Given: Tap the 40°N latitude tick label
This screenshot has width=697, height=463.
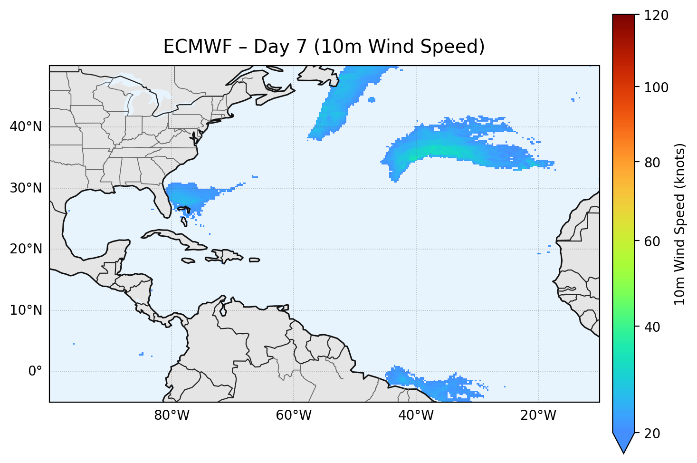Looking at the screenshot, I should pyautogui.click(x=26, y=127).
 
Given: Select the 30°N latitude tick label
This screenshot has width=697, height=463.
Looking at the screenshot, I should pyautogui.click(x=26, y=188).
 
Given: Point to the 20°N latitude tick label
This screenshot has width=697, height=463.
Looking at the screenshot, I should pyautogui.click(x=26, y=249).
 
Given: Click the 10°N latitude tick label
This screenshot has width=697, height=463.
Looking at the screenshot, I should pyautogui.click(x=26, y=310).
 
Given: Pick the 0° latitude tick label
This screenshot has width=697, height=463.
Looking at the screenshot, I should pyautogui.click(x=35, y=371).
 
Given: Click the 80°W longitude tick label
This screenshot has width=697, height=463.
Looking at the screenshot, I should pyautogui.click(x=172, y=415).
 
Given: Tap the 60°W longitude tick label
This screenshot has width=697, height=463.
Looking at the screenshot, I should pyautogui.click(x=294, y=415).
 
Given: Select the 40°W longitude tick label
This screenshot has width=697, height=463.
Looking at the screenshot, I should pyautogui.click(x=416, y=415).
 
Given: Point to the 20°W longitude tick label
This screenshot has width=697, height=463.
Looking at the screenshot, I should pyautogui.click(x=538, y=415).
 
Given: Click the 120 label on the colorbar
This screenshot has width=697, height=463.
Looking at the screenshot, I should pyautogui.click(x=656, y=15).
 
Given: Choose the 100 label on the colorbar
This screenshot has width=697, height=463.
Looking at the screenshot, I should pyautogui.click(x=656, y=87).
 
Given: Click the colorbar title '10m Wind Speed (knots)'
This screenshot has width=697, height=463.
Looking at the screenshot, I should pyautogui.click(x=680, y=224).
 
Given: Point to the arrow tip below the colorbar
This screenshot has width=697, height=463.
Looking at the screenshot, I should pyautogui.click(x=623, y=451).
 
